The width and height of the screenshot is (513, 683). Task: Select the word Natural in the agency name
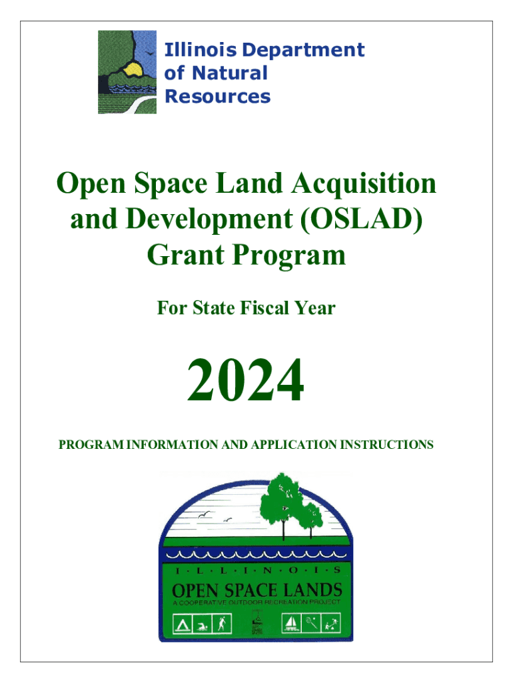(230, 73)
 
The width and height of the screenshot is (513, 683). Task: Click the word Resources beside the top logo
(218, 96)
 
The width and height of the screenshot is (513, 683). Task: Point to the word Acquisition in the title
(364, 183)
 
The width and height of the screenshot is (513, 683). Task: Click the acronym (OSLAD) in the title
(361, 219)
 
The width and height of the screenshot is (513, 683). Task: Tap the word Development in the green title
(209, 219)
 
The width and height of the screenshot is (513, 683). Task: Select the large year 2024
(245, 380)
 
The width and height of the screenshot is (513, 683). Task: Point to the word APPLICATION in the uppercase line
(294, 445)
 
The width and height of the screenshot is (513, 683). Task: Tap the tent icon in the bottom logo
(183, 624)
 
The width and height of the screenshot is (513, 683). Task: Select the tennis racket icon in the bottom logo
(311, 624)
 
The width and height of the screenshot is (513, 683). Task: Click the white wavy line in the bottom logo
(256, 554)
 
